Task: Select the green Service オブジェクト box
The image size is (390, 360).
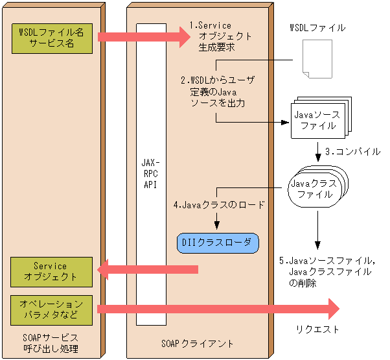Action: tap(51, 271)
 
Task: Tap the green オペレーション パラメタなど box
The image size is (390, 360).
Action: tap(51, 309)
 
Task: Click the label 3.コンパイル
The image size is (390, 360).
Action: tap(352, 152)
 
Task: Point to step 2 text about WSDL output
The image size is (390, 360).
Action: tap(217, 91)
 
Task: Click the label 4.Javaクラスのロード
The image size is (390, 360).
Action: tap(219, 205)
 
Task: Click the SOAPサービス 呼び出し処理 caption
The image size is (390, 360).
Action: tap(51, 343)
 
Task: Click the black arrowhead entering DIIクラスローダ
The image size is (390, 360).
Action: tap(217, 226)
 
